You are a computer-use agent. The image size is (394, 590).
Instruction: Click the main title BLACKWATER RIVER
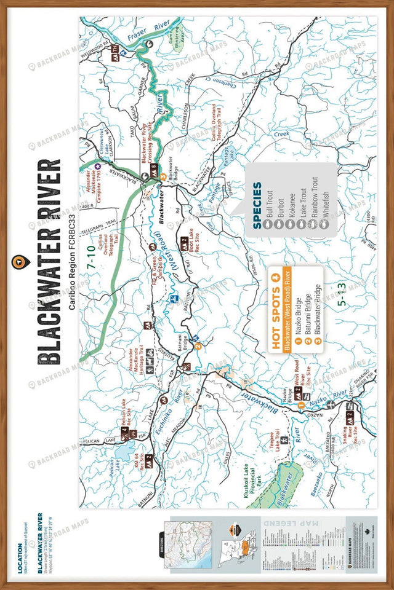click(49, 262)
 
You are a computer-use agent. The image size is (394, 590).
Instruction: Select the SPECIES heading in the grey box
click(257, 205)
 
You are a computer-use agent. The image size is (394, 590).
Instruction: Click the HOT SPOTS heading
click(276, 305)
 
